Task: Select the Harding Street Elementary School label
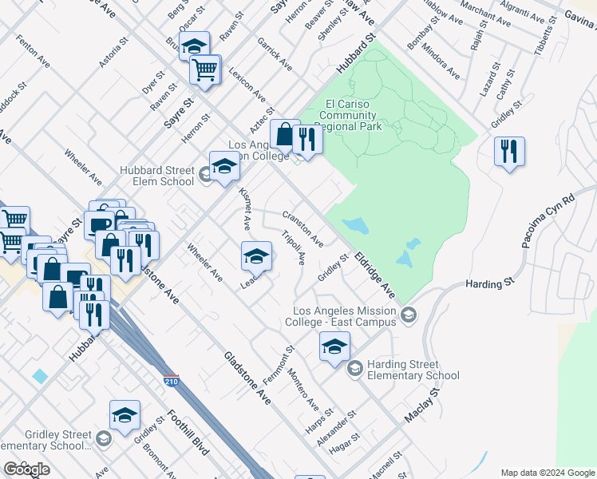413,370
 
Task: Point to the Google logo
26,469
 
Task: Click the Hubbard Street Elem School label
157,176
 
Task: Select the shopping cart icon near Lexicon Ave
205,70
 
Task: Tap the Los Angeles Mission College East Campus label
345,316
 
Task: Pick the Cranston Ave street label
302,228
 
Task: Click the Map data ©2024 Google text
548,473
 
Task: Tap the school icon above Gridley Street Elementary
125,416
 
